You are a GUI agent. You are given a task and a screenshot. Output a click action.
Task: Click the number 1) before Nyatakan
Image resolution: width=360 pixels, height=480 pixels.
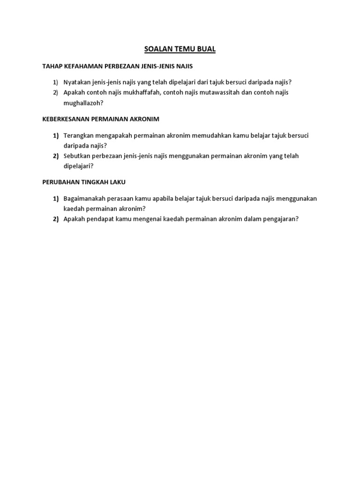click(x=55, y=82)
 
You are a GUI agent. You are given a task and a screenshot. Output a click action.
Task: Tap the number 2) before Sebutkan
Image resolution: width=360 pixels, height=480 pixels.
click(x=55, y=156)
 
